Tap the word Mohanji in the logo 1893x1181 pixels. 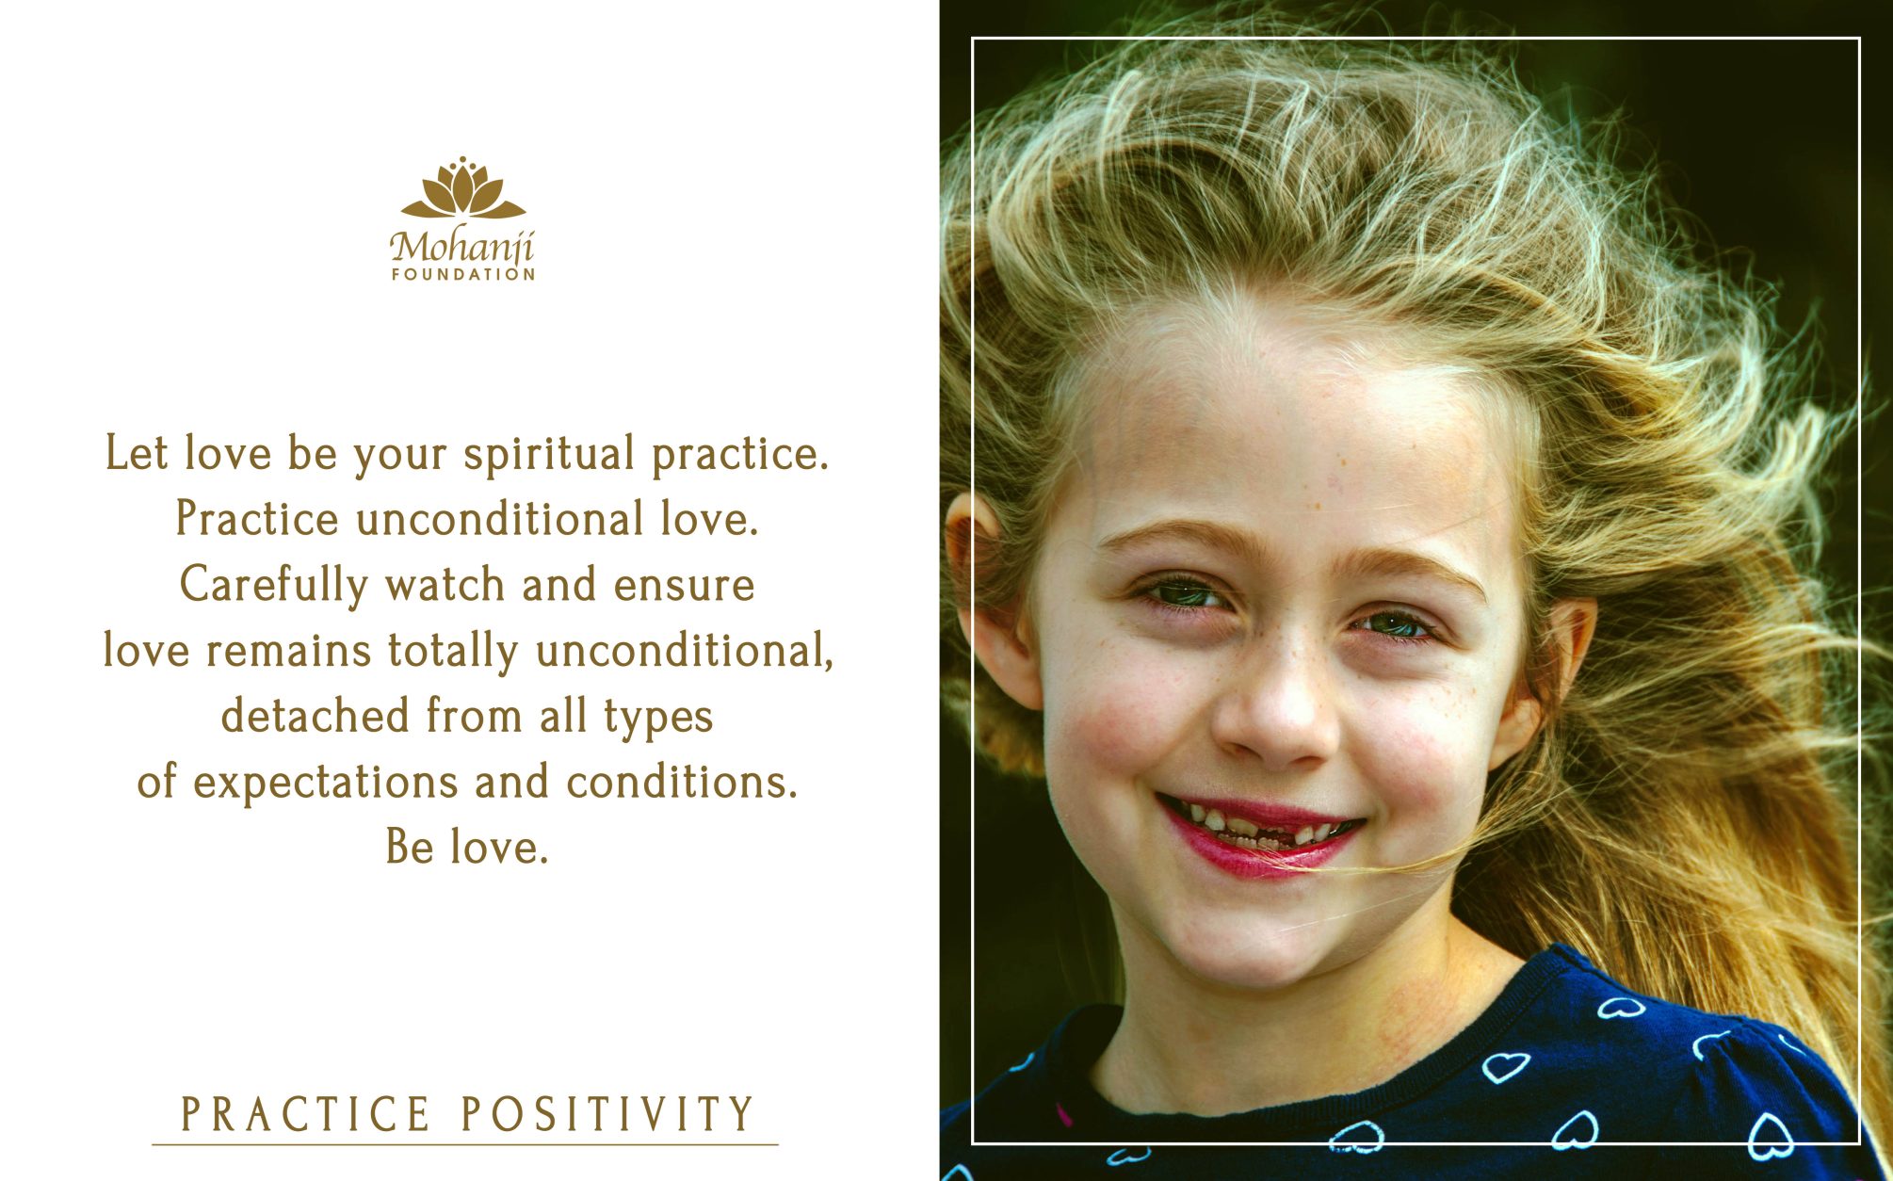click(462, 247)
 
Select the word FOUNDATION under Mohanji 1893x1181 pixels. click(463, 274)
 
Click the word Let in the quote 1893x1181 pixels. click(136, 453)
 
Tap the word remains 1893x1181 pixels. click(288, 652)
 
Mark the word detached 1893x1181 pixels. click(315, 716)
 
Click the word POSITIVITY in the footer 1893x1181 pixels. click(607, 1114)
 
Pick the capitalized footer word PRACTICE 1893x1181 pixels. click(305, 1114)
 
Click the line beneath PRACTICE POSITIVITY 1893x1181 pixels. click(465, 1145)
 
